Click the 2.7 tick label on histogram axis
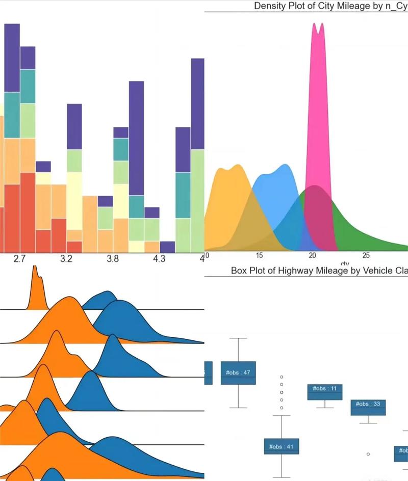[19, 259]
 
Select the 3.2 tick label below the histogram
[66, 259]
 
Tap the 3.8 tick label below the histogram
[113, 259]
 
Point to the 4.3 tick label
[159, 259]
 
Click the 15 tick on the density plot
[259, 255]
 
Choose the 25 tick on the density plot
[366, 255]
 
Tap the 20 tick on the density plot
[312, 255]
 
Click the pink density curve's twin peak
[318, 28]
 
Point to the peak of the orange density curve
[231, 168]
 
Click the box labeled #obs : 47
[238, 372]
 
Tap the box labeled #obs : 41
[282, 446]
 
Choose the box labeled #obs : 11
[325, 391]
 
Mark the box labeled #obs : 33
[368, 407]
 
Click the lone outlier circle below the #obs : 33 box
[368, 453]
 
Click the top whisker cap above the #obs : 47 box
[238, 338]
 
